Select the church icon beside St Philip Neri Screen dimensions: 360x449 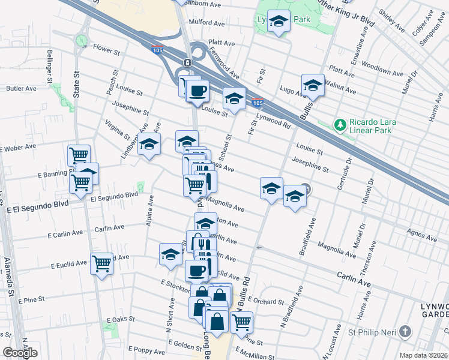click(x=406, y=331)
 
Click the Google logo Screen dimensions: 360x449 click(x=20, y=353)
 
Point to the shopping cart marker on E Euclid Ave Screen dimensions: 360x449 click(x=102, y=263)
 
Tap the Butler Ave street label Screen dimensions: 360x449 click(x=21, y=88)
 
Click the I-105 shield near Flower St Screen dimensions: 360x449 click(x=157, y=46)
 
